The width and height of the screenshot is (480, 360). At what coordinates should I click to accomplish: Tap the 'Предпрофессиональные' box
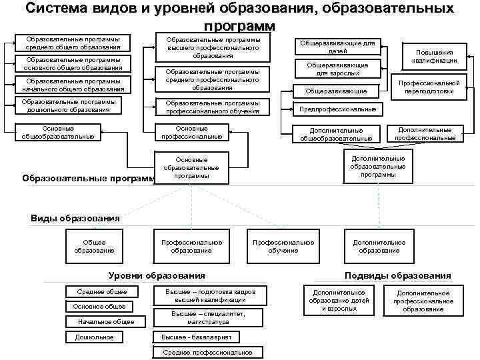click(339, 109)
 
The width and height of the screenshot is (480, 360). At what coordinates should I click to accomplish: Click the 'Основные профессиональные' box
click(191, 132)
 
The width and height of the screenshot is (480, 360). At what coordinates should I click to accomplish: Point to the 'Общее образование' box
click(98, 246)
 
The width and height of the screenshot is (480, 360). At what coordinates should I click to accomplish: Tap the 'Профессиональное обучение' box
click(283, 246)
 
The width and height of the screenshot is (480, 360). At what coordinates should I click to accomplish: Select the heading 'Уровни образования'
click(157, 275)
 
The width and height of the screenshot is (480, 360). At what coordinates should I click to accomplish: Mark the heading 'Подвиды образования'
click(397, 275)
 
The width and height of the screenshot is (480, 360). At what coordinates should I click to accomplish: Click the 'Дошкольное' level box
click(99, 337)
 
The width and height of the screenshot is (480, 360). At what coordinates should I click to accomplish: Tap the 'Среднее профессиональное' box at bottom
click(207, 352)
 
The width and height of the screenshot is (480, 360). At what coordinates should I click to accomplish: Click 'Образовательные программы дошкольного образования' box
click(69, 105)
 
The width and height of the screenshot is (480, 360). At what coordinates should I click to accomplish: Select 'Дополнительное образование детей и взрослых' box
click(339, 301)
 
